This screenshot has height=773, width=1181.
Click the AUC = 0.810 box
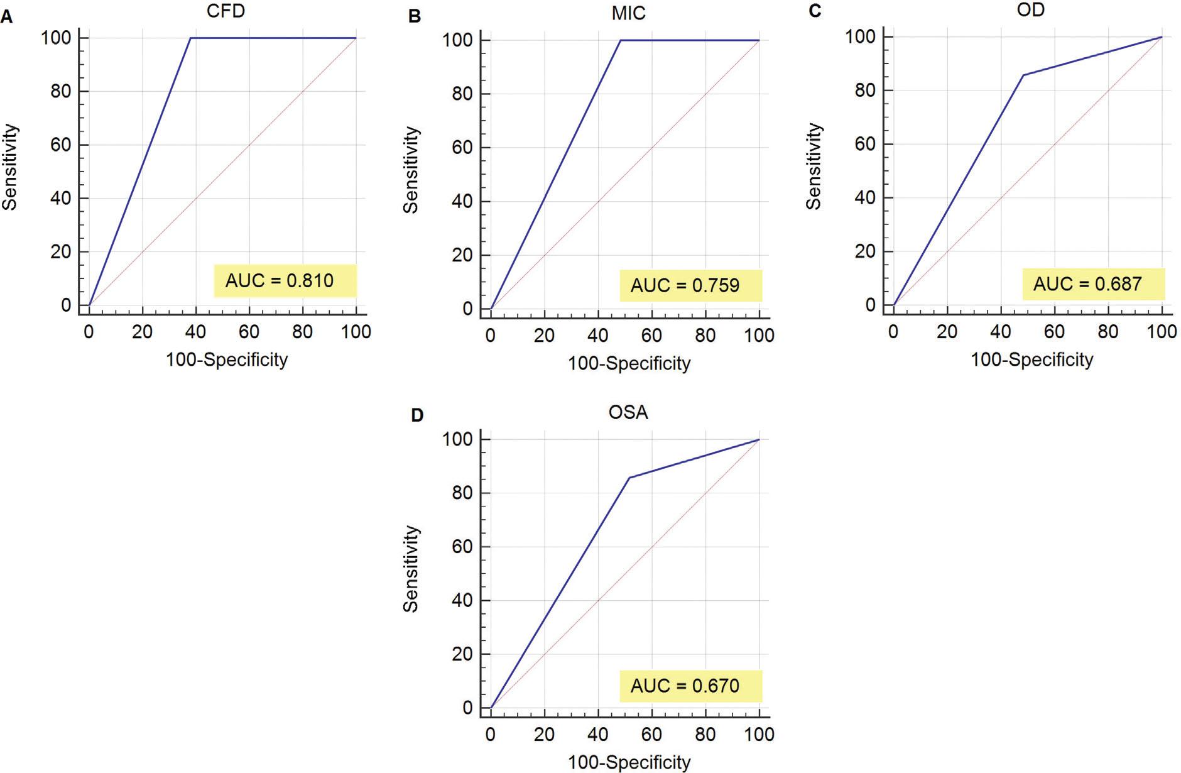pos(285,280)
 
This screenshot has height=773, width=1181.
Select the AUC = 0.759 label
pos(690,285)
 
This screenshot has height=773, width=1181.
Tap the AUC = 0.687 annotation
pos(1093,284)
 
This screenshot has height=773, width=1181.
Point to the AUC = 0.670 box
pos(690,686)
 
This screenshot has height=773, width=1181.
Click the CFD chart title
pos(226,11)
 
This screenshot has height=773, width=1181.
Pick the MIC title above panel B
pos(628,14)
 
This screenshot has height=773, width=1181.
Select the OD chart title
pos(1030,10)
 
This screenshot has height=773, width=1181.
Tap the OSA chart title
pos(628,412)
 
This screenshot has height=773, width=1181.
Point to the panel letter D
pos(416,415)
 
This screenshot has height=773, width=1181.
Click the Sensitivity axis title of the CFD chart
pos(10,167)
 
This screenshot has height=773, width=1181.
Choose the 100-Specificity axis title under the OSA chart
pos(629,762)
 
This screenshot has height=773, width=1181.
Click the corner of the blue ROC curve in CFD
pos(190,38)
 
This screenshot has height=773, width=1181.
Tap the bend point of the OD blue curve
pos(1023,75)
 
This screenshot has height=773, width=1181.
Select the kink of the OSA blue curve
pos(629,478)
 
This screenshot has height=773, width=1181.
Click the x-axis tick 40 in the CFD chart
pos(196,331)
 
